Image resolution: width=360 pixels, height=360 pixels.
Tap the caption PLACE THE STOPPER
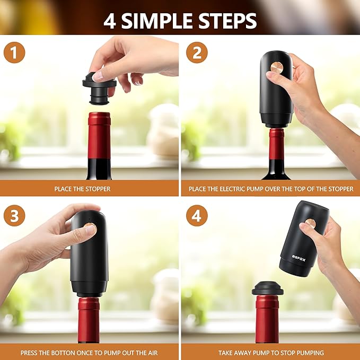click(x=82, y=189)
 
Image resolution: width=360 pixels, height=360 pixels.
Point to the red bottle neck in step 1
click(x=99, y=135)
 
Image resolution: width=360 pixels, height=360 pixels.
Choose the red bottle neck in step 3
click(x=89, y=318)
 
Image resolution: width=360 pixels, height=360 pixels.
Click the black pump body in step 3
click(x=90, y=254)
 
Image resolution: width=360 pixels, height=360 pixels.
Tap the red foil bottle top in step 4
click(x=267, y=318)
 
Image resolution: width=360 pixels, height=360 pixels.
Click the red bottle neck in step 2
click(x=276, y=143)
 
